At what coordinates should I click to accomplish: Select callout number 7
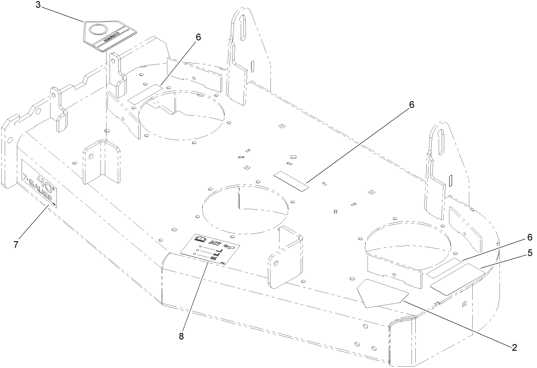click(16, 244)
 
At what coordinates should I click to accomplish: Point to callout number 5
click(529, 253)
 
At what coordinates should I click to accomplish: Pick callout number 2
click(514, 347)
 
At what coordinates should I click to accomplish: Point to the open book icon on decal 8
click(200, 239)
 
